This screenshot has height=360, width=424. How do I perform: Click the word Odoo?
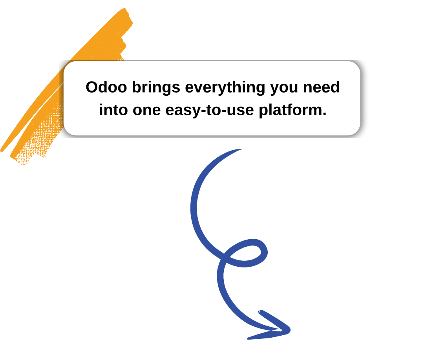pos(106,87)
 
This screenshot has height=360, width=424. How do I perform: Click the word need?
pos(321,87)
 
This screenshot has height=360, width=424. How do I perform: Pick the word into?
pos(113,110)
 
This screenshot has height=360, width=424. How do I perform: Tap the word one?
pos(146,111)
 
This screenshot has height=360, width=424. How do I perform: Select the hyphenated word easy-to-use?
pos(210,111)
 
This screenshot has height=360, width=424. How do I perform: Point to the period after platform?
pos(325,115)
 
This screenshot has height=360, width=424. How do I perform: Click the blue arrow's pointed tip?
pos(289,329)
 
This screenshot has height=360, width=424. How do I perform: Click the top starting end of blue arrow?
pos(241,149)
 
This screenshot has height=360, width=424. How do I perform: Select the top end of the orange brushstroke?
pos(125,9)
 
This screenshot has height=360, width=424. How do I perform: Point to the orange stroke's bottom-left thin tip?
pos(1,150)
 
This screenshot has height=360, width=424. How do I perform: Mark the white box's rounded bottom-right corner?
pos(357,132)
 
